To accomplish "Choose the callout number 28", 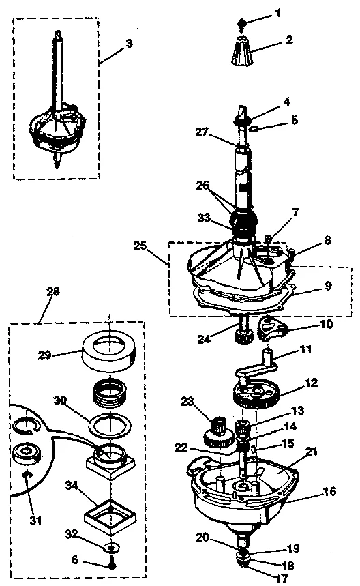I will point(53,291).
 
